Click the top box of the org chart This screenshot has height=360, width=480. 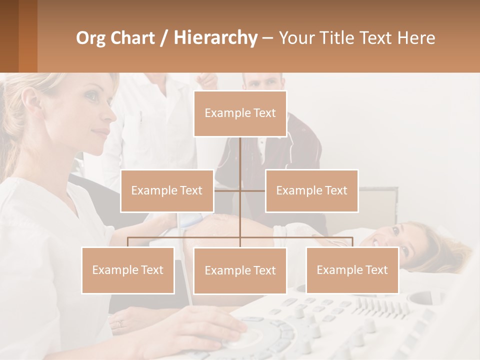pos(240,113)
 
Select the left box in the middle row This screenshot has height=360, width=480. pos(167,190)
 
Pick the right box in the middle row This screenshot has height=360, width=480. pos(311,190)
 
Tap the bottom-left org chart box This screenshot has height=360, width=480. pos(128,270)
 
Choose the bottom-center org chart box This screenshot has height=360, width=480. pos(240,270)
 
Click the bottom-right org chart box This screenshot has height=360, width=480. pos(352,270)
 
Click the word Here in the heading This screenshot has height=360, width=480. pos(416,37)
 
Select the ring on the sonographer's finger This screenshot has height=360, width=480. pos(119,324)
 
